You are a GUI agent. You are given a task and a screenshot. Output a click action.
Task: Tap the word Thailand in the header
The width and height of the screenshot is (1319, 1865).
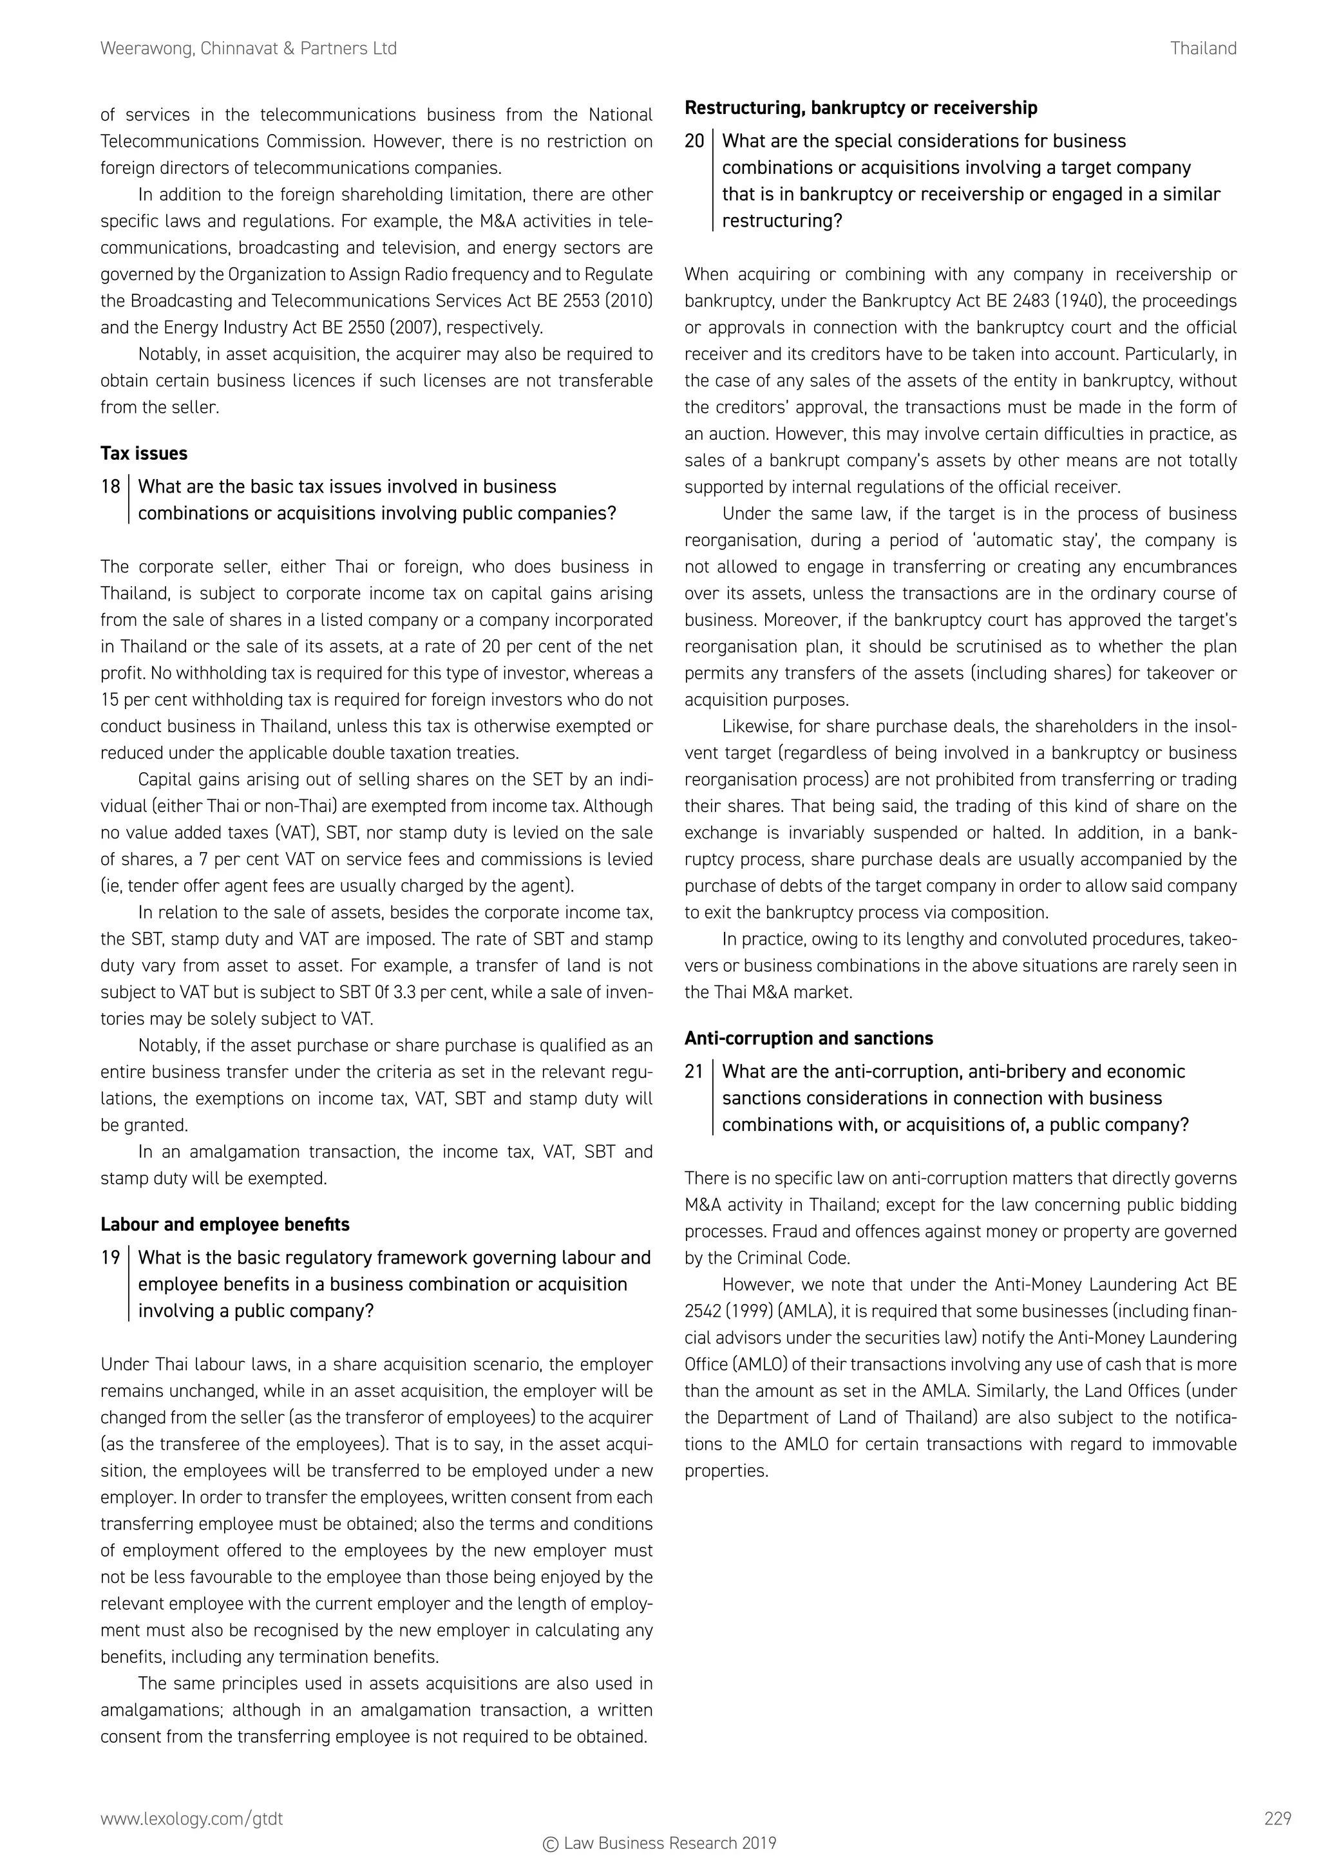point(1203,49)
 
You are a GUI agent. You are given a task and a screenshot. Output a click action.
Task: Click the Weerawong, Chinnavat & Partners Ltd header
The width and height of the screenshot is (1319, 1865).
point(249,49)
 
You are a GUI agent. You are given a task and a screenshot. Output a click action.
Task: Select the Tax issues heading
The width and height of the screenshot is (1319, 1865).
point(144,453)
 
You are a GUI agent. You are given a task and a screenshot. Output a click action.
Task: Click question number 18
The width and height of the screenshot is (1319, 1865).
point(111,487)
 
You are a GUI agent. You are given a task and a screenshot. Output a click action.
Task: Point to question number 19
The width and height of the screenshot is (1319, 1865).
point(111,1258)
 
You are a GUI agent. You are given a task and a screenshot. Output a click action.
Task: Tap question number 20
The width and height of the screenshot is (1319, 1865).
point(694,141)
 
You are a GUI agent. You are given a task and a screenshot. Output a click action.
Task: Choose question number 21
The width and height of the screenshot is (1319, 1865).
point(694,1072)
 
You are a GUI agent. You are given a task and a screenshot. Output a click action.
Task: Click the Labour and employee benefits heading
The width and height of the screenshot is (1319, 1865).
point(225,1224)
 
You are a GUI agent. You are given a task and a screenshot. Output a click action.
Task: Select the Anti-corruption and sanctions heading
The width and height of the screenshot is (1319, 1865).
point(809,1038)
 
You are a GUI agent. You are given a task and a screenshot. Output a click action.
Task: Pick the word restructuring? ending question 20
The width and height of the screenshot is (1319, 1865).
point(782,221)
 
